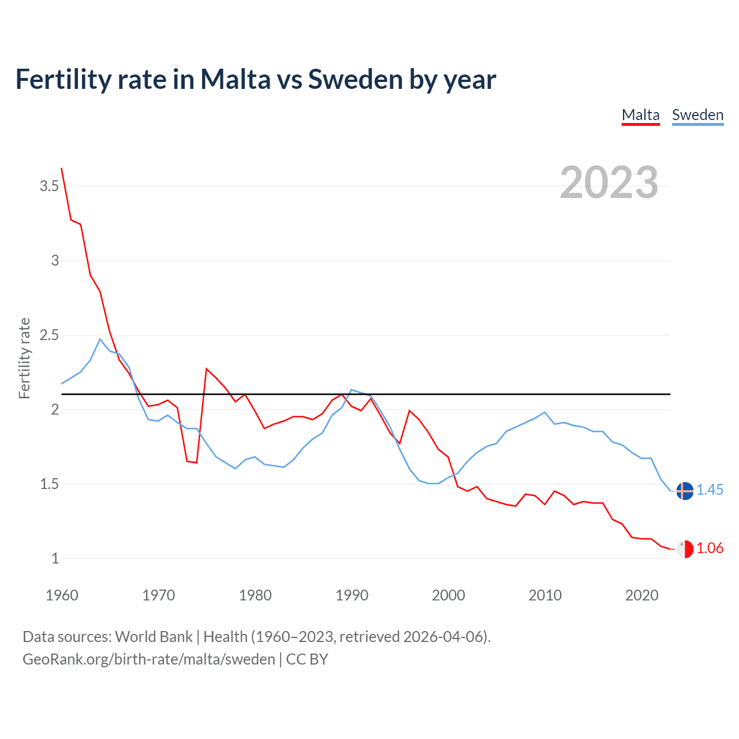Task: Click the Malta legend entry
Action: click(x=640, y=115)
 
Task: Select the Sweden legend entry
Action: click(x=697, y=115)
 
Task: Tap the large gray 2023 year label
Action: click(x=609, y=182)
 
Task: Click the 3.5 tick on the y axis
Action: click(x=49, y=186)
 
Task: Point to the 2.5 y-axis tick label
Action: click(x=49, y=335)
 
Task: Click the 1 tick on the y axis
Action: click(x=55, y=558)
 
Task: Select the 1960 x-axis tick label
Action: click(x=62, y=595)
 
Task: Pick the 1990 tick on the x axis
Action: click(x=352, y=595)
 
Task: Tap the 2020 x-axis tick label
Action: click(x=641, y=595)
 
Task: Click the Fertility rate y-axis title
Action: click(x=24, y=358)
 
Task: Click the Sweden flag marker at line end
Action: click(x=684, y=490)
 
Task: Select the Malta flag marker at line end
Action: click(x=684, y=548)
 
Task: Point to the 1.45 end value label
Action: click(x=710, y=490)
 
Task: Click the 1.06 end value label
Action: click(x=710, y=548)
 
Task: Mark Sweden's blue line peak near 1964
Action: click(x=100, y=339)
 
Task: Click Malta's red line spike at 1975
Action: click(x=206, y=368)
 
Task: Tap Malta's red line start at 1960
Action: click(x=62, y=169)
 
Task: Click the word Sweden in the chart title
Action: click(x=354, y=80)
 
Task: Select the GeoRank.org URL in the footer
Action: click(x=149, y=659)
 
